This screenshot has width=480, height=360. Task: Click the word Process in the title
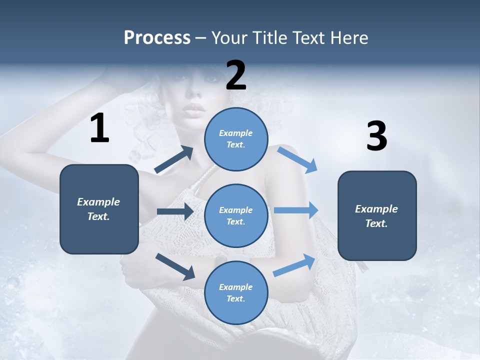[x=157, y=38]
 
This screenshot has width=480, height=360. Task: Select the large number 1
[x=99, y=128]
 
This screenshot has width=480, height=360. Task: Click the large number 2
[x=236, y=75]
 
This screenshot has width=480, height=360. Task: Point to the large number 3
[x=376, y=136]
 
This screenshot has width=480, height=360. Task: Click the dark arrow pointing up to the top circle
[x=174, y=159]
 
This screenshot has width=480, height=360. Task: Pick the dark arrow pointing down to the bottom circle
[x=175, y=266]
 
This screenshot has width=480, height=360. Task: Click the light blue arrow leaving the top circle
[x=297, y=159]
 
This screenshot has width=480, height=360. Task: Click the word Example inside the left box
[x=98, y=202]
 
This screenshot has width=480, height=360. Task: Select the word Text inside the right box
[x=376, y=223]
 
